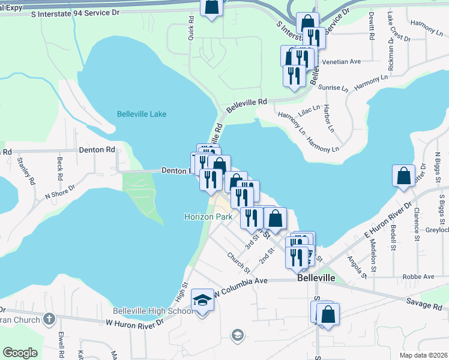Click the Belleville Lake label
[x=142, y=114]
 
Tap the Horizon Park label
[x=207, y=216]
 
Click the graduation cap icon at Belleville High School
[x=202, y=299]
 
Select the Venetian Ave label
[x=340, y=61]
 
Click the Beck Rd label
[x=59, y=169]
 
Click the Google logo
[x=20, y=353]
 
